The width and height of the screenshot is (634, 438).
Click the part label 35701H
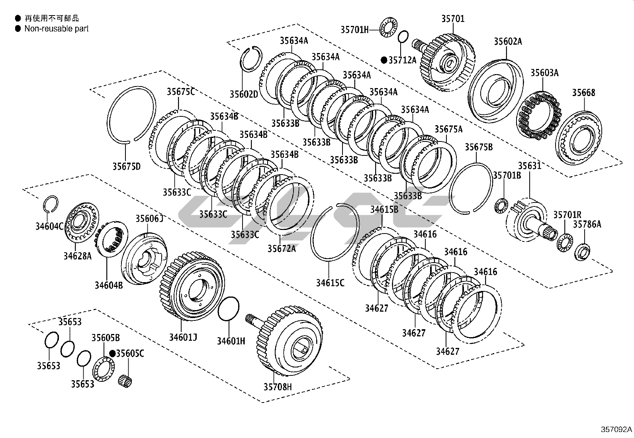coord(354,29)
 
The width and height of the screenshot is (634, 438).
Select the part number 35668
coord(583,93)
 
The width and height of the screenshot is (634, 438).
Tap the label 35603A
coord(544,73)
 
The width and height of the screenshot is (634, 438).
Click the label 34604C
coord(49,227)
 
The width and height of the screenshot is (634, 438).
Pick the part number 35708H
coord(277,387)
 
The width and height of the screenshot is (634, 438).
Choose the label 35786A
coord(587,224)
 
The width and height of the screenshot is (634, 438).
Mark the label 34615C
coord(330,283)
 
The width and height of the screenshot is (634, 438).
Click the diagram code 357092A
coord(616,430)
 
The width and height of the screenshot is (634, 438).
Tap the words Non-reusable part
coord(56,29)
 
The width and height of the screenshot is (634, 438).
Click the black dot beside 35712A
coord(384,60)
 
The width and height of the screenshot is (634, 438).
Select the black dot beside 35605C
coord(113,353)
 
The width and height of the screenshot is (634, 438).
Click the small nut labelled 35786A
coord(583,252)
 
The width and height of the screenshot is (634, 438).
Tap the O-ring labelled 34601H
coord(229,308)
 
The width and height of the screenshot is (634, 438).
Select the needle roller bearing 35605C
coord(125,381)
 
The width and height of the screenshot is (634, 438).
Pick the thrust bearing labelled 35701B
coord(501,206)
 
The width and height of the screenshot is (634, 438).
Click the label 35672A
coord(281,249)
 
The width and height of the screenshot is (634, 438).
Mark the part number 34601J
coord(183,338)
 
